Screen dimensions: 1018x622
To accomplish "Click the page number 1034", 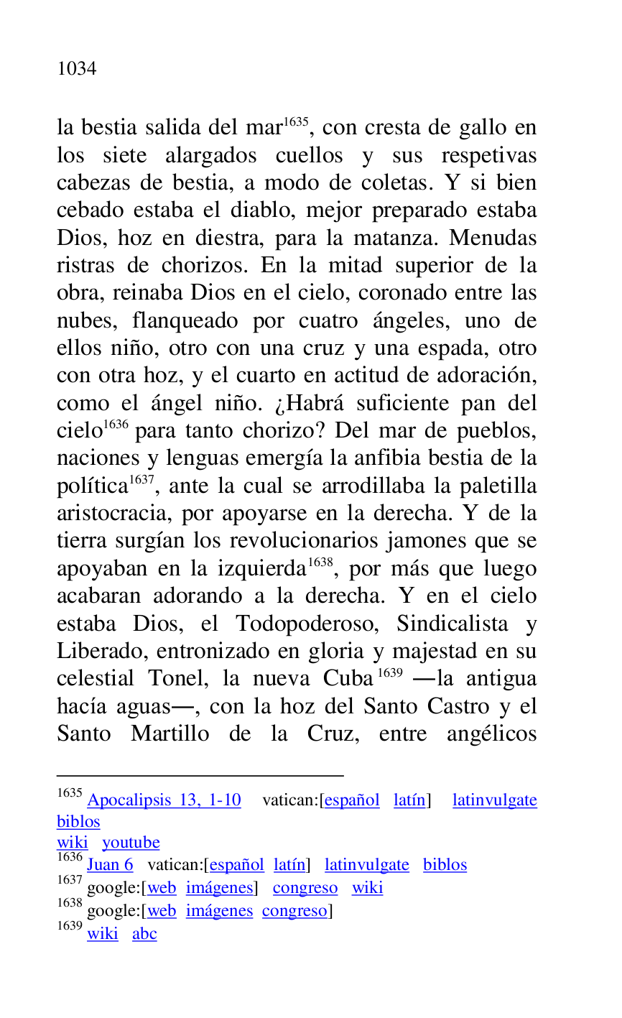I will [x=77, y=69].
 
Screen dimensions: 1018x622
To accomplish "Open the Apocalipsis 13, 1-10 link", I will [x=164, y=800].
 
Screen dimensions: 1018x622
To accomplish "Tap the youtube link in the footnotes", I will [x=131, y=843].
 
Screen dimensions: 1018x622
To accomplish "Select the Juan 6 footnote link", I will [x=110, y=865].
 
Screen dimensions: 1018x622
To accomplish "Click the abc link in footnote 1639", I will [x=144, y=934].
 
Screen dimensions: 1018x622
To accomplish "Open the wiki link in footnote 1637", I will [x=367, y=888].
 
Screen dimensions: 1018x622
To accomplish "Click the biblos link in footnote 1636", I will [x=445, y=865].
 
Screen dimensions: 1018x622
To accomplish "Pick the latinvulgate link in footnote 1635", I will [x=494, y=800].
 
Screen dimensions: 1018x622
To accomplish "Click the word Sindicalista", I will [x=452, y=624].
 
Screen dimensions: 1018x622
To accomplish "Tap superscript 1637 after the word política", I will [x=141, y=479].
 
